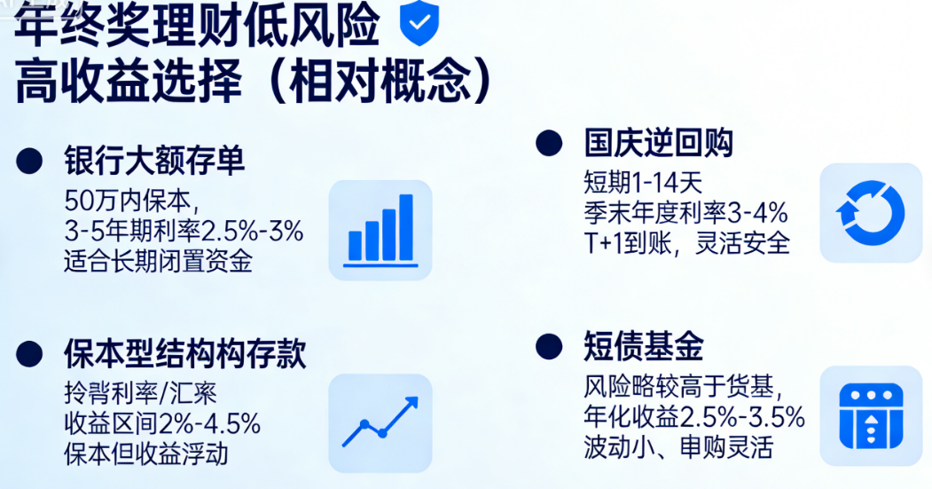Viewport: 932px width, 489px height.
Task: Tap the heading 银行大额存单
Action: (x=154, y=162)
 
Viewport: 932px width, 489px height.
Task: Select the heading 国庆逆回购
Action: (x=658, y=143)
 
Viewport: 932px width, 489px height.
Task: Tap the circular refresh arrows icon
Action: (x=870, y=213)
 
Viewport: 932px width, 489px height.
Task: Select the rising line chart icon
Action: (x=380, y=422)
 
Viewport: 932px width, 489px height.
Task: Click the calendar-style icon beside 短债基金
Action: (x=870, y=414)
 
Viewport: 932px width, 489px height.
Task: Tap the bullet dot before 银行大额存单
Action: (x=30, y=161)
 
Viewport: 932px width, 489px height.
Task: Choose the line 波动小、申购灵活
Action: (x=678, y=446)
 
